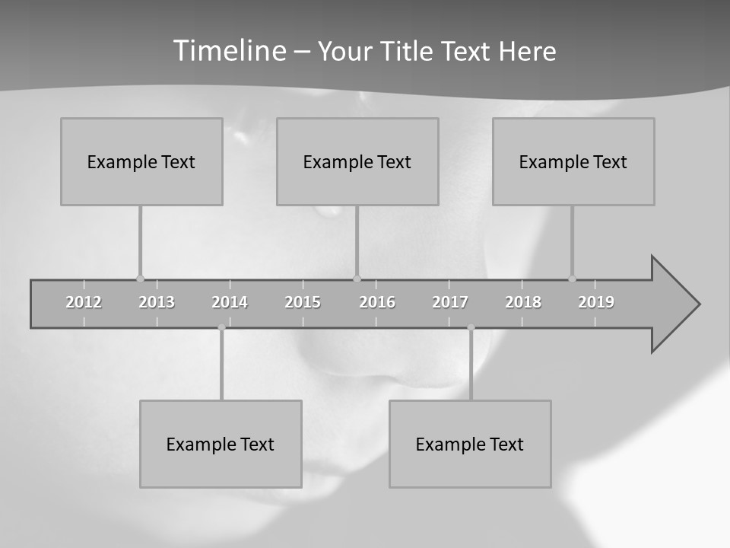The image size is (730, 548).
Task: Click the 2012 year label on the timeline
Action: coord(84,302)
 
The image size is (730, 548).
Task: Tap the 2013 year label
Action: coord(157,302)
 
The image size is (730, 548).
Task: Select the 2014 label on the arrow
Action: coord(230,302)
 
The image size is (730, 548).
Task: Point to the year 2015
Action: coord(303,302)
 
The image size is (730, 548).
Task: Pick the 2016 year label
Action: coord(377,302)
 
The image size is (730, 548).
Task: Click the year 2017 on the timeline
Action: coord(450,302)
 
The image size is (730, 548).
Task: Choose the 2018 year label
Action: coord(523,302)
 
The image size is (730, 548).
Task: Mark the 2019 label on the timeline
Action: coord(596,302)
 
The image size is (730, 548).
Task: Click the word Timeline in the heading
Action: coord(229,51)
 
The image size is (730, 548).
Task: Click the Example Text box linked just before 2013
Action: coord(141,161)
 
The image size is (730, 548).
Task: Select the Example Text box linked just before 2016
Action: coord(357,161)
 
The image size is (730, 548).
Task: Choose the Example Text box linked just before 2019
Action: coord(573,161)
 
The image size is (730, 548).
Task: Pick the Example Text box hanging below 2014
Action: coord(221,444)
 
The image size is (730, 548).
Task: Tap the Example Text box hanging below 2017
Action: coord(470,444)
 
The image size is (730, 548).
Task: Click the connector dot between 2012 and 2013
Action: coord(140,279)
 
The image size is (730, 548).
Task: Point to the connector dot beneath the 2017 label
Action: coord(471,327)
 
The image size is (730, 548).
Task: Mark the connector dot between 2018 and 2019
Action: coord(572,279)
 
